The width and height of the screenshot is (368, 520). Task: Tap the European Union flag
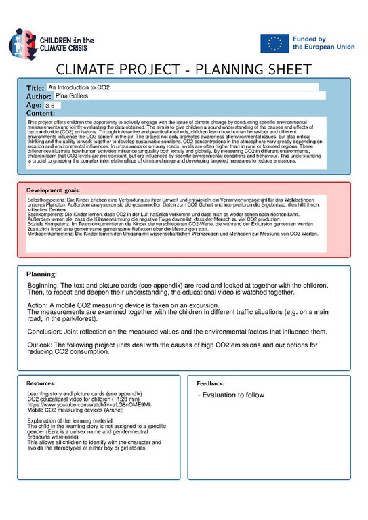pos(274,43)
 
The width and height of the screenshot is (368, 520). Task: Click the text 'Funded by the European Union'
pos(319,43)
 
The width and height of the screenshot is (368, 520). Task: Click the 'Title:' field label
pos(35,89)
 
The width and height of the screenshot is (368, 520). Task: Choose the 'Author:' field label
pos(39,97)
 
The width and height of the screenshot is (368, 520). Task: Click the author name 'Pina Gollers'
pos(73,97)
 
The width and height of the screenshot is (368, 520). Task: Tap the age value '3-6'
pos(52,106)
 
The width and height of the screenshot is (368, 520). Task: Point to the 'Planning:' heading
pos(46,274)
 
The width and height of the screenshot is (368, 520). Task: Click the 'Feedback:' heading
pos(210,383)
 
